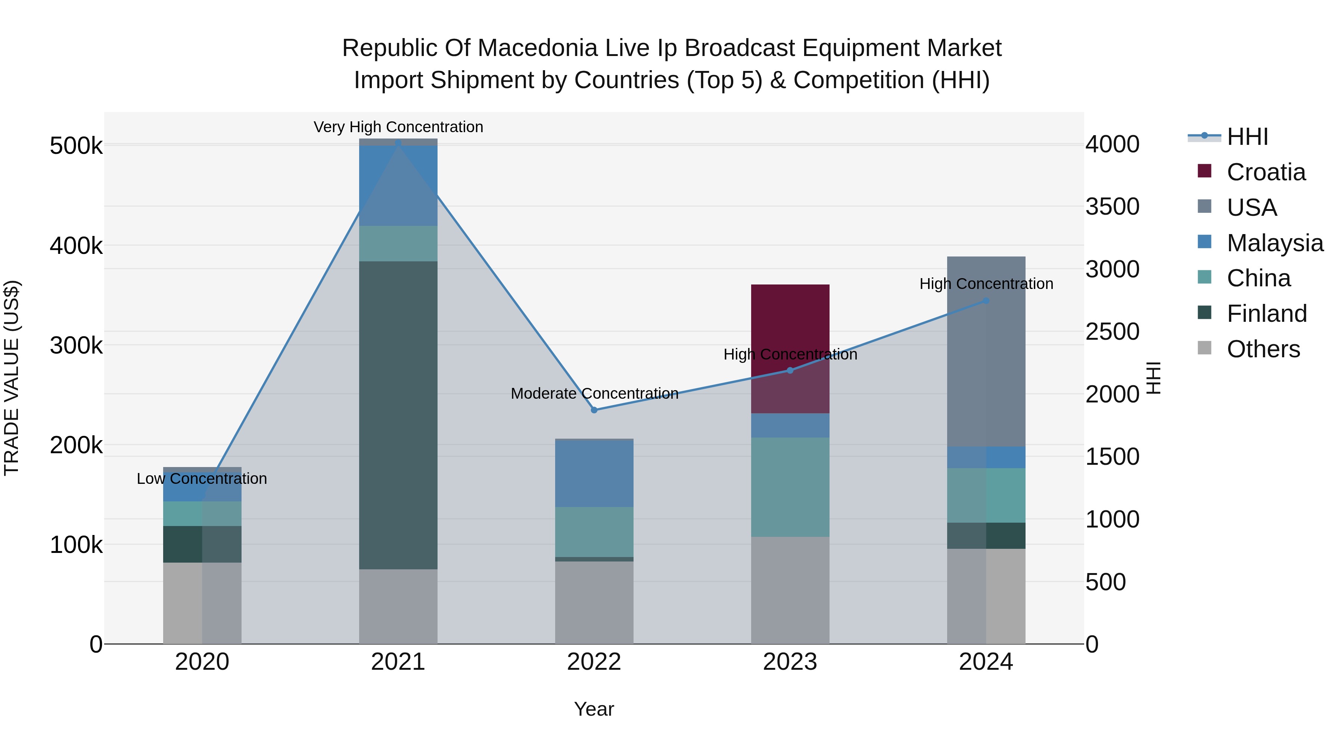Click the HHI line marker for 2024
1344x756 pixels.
(x=986, y=301)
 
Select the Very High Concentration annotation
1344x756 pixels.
(x=398, y=127)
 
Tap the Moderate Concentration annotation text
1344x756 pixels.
(x=594, y=393)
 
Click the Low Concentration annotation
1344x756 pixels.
(x=202, y=479)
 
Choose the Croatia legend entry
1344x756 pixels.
(x=1265, y=172)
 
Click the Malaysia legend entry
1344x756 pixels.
(x=1274, y=243)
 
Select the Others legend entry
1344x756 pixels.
(x=1263, y=349)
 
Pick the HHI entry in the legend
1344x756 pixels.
(x=1247, y=137)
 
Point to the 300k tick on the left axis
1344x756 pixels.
(x=76, y=345)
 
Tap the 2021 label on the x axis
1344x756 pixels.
(x=398, y=662)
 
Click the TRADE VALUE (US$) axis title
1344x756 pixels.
(x=12, y=378)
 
